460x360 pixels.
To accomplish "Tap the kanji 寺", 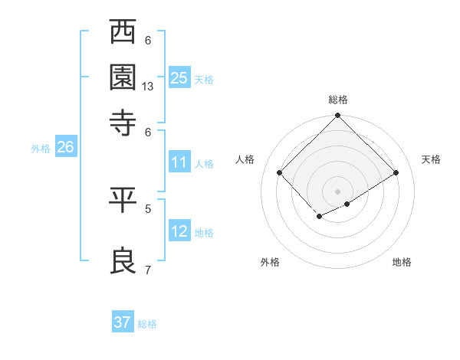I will pyautogui.click(x=123, y=120).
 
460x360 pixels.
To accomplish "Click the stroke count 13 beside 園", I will pyautogui.click(x=148, y=87).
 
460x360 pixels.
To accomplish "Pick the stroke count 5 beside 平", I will pyautogui.click(x=148, y=208).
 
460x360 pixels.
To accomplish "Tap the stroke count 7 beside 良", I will pyautogui.click(x=148, y=270).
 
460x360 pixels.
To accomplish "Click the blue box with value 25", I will pyautogui.click(x=179, y=77).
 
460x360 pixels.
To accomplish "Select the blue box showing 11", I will pyautogui.click(x=179, y=162).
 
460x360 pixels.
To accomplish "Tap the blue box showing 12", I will pyautogui.click(x=179, y=231).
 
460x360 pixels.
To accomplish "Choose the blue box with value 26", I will pyautogui.click(x=65, y=147).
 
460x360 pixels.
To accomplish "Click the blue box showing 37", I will pyautogui.click(x=123, y=322).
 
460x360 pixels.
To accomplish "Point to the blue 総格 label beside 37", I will pyautogui.click(x=147, y=324).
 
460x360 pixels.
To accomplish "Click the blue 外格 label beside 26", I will pyautogui.click(x=41, y=149).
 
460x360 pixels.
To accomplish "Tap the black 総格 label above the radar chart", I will pyautogui.click(x=338, y=100).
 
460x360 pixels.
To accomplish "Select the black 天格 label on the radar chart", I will pyautogui.click(x=432, y=159).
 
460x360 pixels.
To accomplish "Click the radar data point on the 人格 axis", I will pyautogui.click(x=280, y=172).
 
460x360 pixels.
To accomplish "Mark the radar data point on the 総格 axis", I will pyautogui.click(x=338, y=116).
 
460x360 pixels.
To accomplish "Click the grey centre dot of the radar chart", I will pyautogui.click(x=338, y=191).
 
